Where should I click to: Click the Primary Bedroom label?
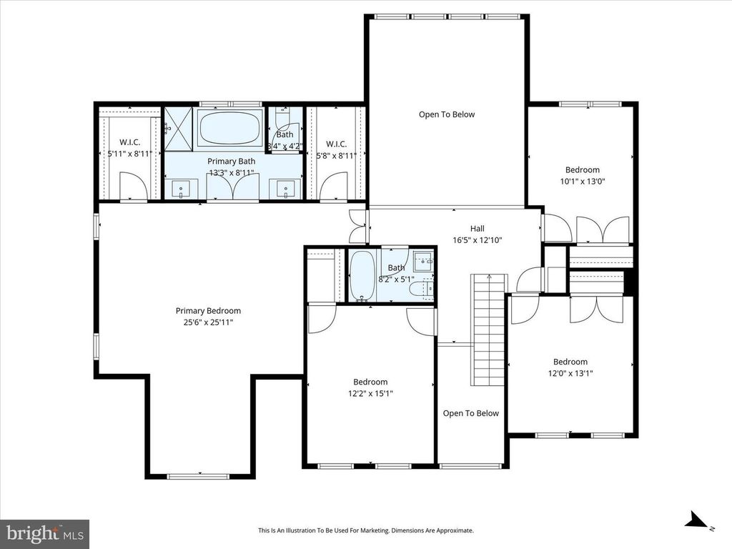[208, 311]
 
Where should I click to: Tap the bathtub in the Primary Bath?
[229, 129]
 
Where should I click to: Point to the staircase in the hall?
[488, 329]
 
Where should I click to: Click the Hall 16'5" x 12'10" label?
[477, 229]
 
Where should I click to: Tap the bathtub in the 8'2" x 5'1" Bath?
[362, 277]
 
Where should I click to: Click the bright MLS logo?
[44, 533]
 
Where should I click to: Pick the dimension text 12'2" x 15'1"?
[370, 393]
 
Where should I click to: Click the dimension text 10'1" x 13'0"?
[582, 181]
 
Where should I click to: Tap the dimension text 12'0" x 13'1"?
[570, 373]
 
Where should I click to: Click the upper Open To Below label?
[446, 114]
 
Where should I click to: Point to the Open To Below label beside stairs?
[470, 413]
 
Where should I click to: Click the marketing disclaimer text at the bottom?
[365, 530]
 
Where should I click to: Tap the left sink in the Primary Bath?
[182, 190]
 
